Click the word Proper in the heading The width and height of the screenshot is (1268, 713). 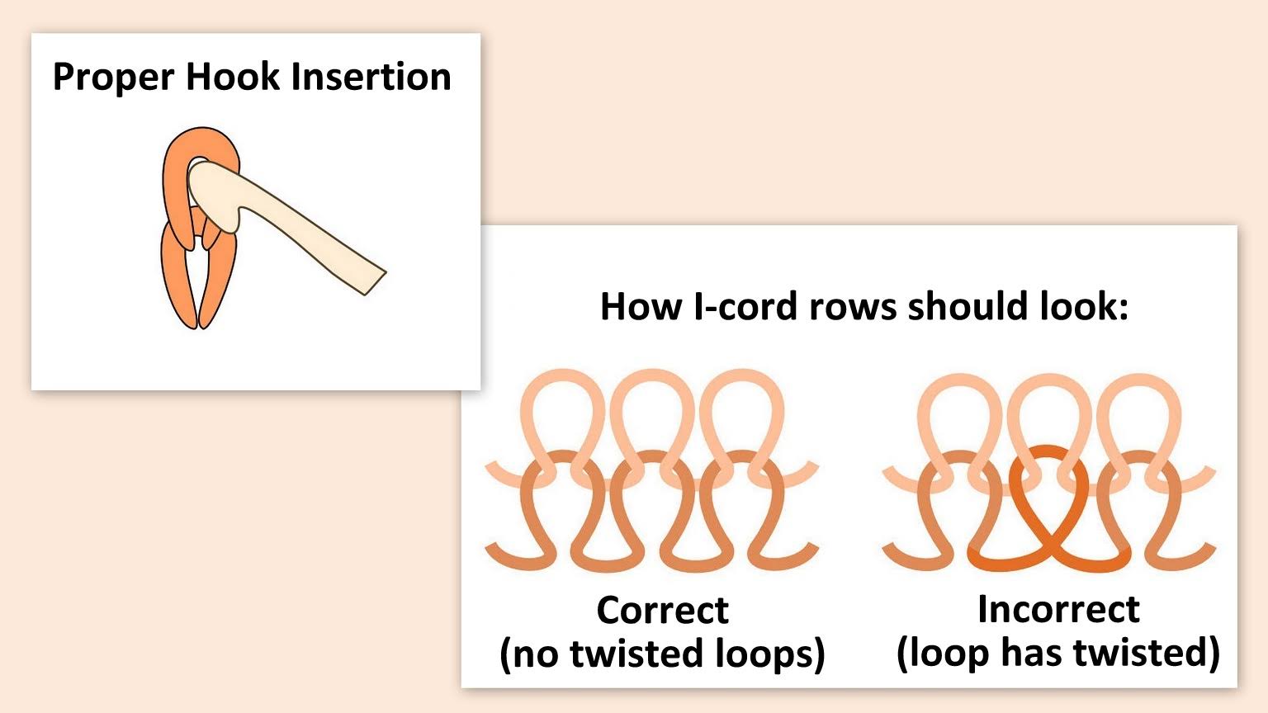coord(113,78)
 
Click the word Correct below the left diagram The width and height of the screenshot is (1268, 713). coord(662,611)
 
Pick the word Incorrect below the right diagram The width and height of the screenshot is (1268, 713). coord(1058,610)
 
